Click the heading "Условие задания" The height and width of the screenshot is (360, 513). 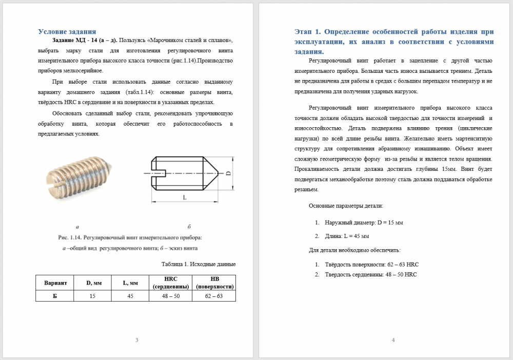(67, 31)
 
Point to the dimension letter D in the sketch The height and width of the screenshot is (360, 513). (229, 173)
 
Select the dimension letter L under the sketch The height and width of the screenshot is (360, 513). (184, 197)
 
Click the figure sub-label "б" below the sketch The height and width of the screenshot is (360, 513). (189, 226)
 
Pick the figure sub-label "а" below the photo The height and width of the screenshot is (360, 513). (77, 226)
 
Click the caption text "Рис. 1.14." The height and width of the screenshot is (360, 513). (70, 237)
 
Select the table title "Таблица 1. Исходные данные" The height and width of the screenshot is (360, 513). (198, 265)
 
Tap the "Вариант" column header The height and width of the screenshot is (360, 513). (55, 283)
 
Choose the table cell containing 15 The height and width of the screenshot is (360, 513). (92, 296)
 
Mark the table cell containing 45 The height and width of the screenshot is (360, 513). (130, 296)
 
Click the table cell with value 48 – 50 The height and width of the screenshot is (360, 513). (170, 296)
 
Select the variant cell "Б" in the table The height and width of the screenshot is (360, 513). (55, 296)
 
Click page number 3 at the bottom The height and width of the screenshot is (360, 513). (136, 340)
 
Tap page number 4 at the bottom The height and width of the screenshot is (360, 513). (393, 340)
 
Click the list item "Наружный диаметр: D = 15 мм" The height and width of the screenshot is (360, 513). (364, 223)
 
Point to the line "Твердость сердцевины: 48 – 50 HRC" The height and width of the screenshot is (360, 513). (370, 274)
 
